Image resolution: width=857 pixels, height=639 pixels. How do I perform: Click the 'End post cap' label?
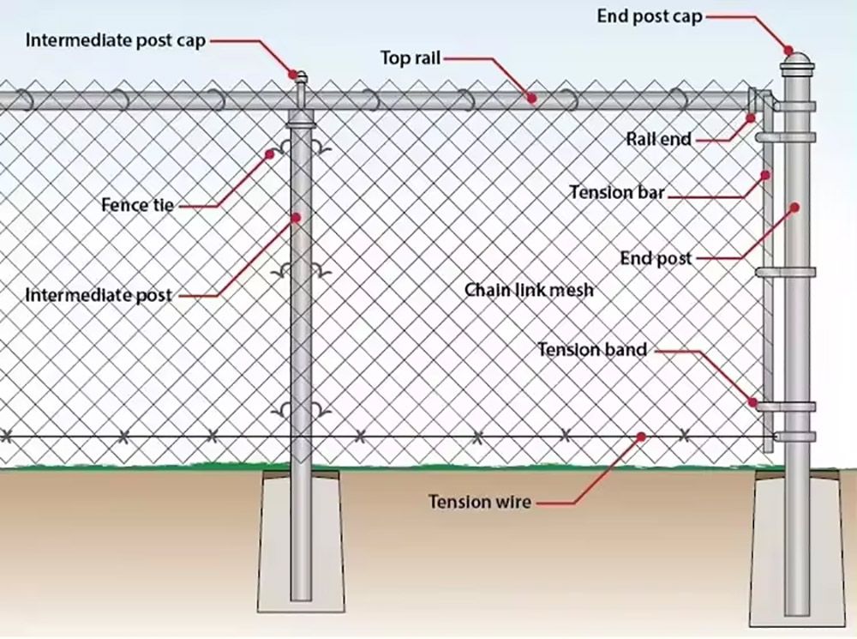(x=650, y=16)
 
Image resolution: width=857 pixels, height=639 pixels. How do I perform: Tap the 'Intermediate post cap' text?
(x=116, y=40)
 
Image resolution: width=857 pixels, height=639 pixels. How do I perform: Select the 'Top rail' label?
(x=411, y=57)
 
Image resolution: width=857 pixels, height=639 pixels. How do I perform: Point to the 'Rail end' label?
(x=658, y=139)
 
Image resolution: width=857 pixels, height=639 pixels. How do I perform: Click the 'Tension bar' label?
(x=617, y=192)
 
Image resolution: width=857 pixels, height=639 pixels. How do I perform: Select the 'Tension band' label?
(x=592, y=349)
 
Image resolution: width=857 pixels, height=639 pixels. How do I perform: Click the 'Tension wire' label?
(x=479, y=502)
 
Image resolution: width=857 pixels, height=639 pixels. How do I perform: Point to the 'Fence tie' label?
(x=138, y=205)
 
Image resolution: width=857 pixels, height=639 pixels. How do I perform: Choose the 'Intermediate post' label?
(x=99, y=295)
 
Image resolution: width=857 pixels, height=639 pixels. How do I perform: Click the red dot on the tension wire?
(x=642, y=437)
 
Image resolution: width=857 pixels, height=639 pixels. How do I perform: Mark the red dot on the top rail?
(x=532, y=99)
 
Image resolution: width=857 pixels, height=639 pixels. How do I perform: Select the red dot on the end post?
(x=795, y=208)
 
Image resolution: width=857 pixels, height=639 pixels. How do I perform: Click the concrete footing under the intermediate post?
(x=301, y=541)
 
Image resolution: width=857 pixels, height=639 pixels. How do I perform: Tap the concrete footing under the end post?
(x=797, y=547)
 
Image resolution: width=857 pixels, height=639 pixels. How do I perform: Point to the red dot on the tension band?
(x=753, y=402)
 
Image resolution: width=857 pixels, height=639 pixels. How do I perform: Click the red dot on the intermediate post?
(x=297, y=218)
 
